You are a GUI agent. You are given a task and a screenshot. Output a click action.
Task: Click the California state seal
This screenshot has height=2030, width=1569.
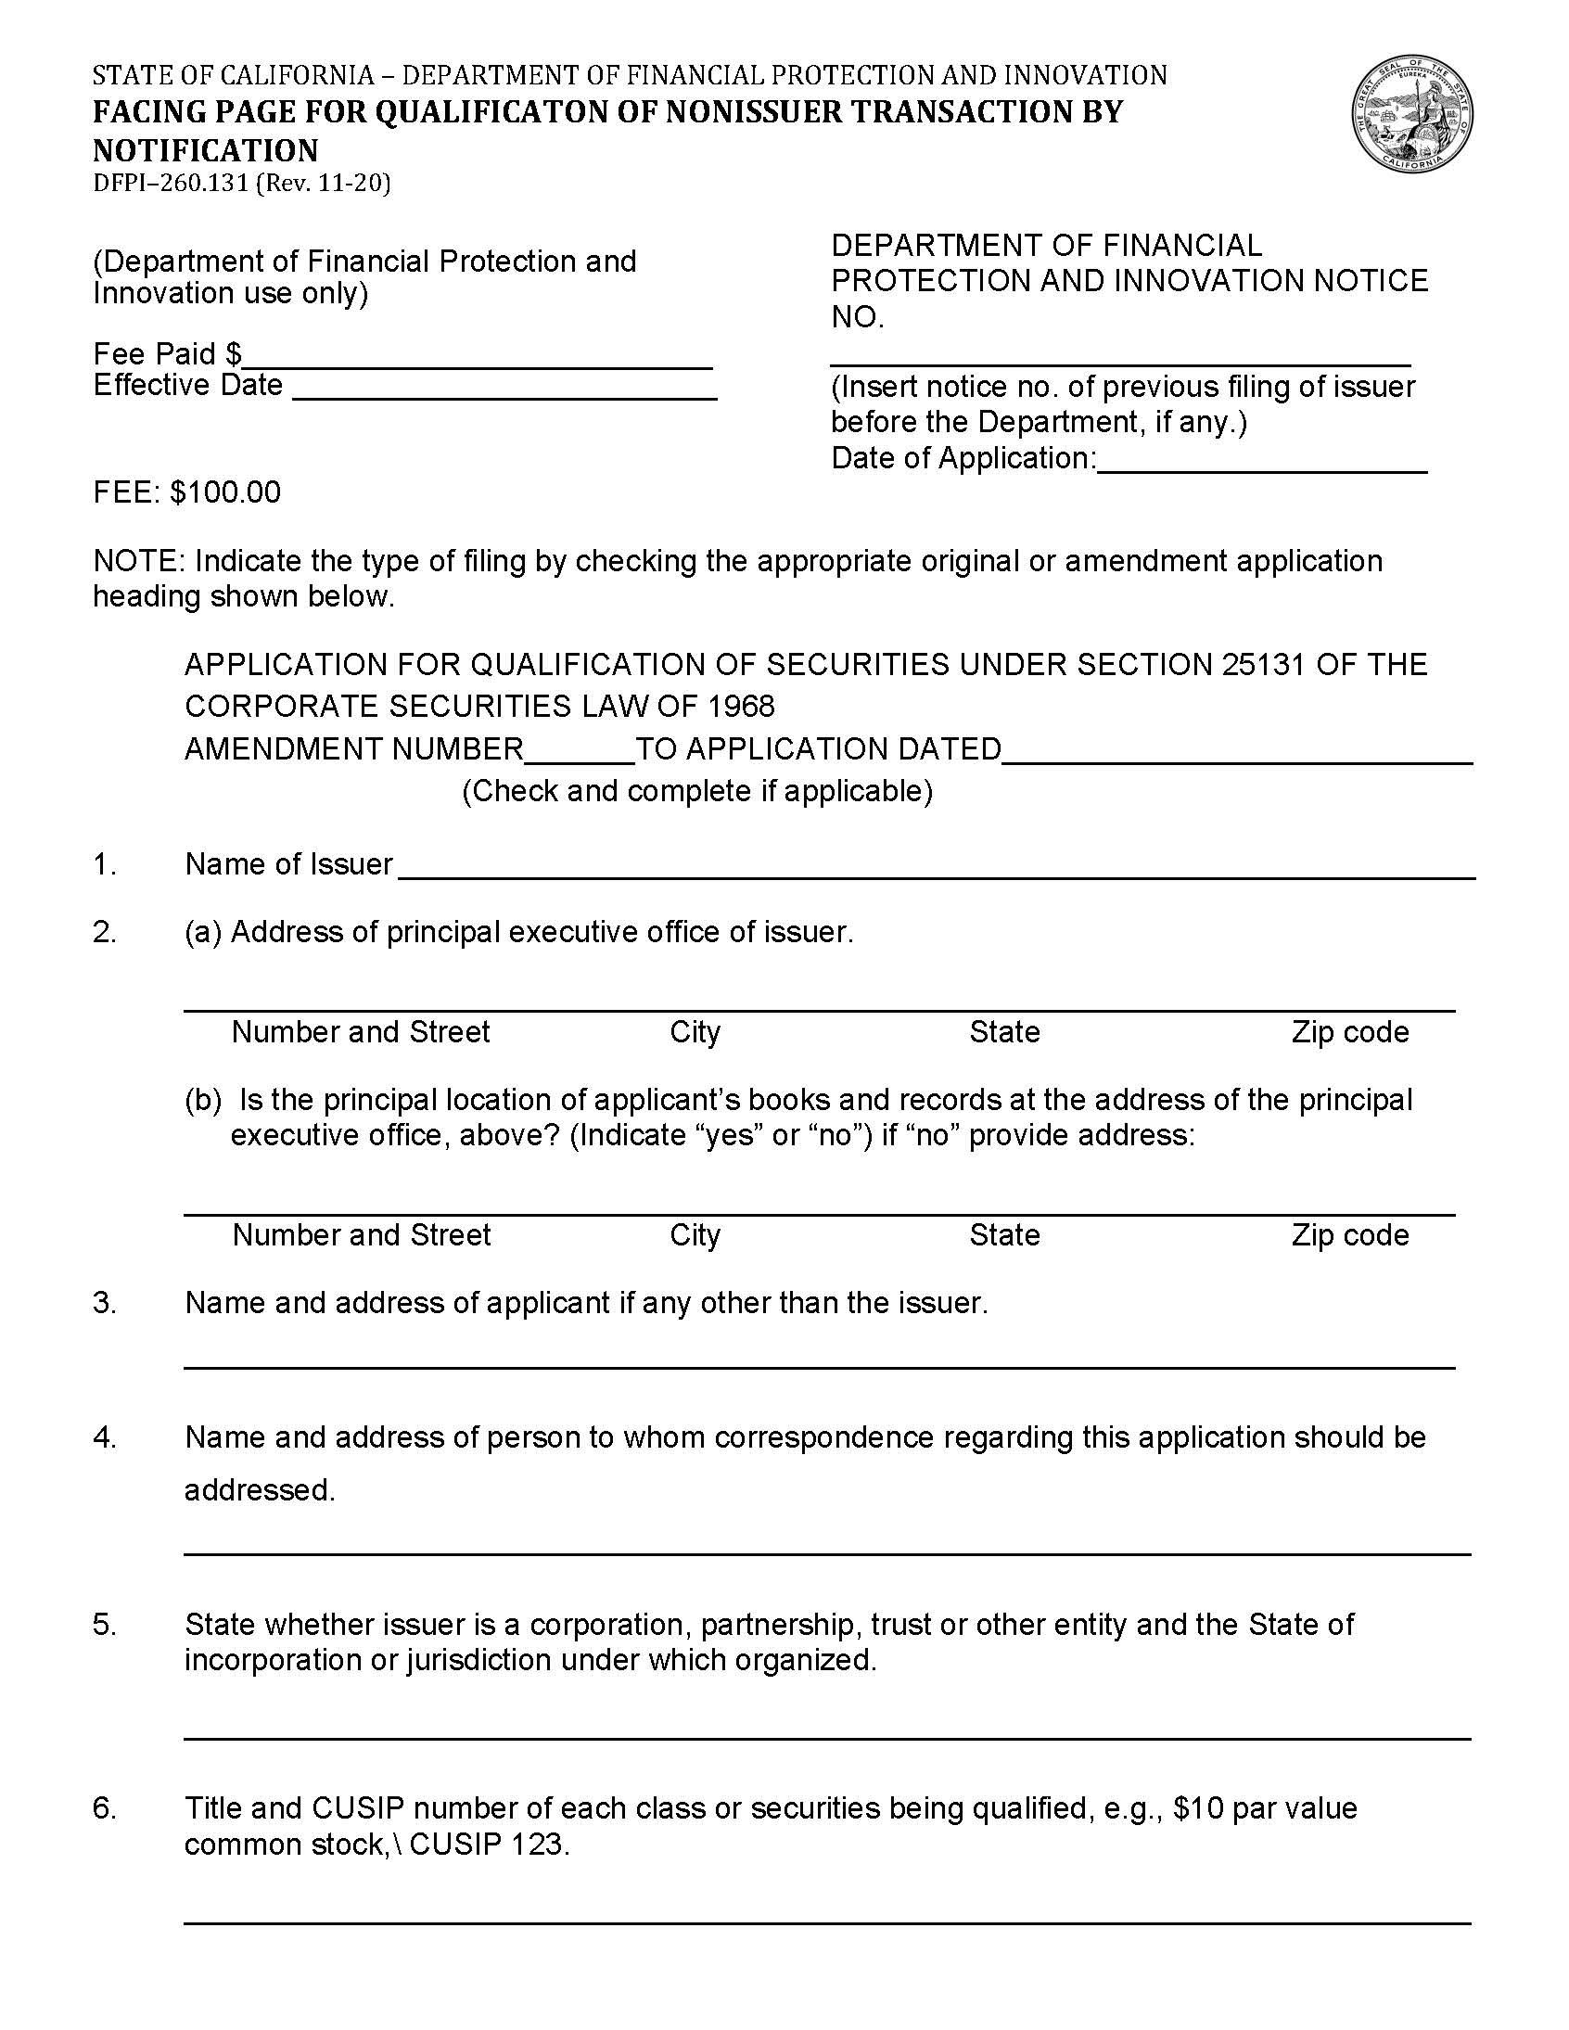click(x=1411, y=113)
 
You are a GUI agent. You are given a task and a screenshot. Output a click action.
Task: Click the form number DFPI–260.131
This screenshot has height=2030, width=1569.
click(x=171, y=183)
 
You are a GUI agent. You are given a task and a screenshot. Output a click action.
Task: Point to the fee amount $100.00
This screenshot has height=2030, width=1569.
click(x=225, y=492)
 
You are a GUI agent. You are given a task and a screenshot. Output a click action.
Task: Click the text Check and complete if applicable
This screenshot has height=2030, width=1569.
click(x=697, y=791)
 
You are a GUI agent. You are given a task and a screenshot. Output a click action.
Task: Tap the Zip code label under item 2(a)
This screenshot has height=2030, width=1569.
click(x=1349, y=1032)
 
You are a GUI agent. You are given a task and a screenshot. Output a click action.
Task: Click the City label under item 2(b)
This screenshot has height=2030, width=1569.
click(x=695, y=1234)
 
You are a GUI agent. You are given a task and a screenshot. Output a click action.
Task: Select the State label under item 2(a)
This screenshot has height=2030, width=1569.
click(x=1004, y=1032)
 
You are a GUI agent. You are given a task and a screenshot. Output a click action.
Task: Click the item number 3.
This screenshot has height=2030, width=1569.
click(x=104, y=1303)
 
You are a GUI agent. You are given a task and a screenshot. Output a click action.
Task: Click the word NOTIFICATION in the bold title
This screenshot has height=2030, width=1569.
click(x=206, y=150)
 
